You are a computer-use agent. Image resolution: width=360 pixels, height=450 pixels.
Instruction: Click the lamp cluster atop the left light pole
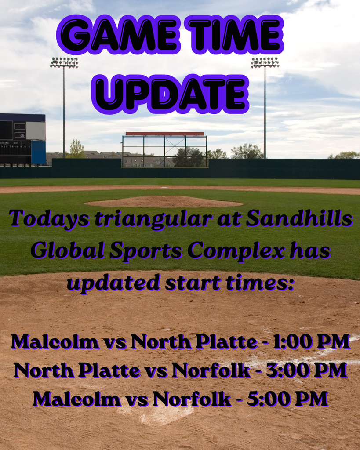[x=64, y=62]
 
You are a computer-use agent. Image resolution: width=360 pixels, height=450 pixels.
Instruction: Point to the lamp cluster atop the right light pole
[x=265, y=62]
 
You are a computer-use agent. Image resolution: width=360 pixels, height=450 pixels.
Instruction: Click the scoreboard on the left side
[x=22, y=139]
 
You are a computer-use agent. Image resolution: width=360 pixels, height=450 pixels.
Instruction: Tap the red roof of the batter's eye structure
[x=165, y=134]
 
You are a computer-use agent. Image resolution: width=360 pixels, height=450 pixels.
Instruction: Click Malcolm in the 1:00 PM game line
[x=55, y=341]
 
